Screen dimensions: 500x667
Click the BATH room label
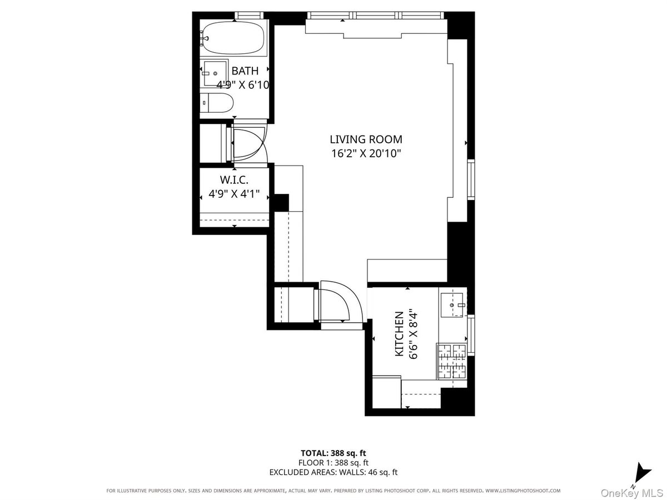[245, 71]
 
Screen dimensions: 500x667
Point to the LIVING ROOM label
[366, 139]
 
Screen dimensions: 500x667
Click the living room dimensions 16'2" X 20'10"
[366, 153]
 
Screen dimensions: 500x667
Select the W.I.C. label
[234, 180]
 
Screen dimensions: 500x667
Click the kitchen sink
[453, 304]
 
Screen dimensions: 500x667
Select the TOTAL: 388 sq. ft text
[333, 453]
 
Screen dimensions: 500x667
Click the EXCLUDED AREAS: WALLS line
[333, 472]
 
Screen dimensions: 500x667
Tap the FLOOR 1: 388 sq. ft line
[333, 463]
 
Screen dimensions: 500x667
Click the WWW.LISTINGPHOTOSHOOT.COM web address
[522, 491]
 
